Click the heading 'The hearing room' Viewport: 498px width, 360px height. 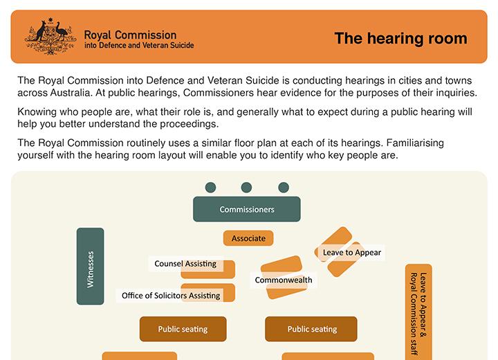[x=400, y=38]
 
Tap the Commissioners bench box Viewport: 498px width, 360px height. [x=246, y=209]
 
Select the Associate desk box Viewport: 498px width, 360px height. [x=248, y=238]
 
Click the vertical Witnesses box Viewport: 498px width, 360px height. [x=90, y=267]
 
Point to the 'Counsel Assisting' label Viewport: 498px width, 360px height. [x=185, y=264]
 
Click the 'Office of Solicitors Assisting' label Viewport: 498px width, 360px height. [x=170, y=296]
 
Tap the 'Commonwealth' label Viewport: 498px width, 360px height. [x=284, y=280]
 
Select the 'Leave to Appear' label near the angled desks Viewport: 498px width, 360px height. [x=351, y=253]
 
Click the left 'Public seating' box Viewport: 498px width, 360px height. [x=183, y=330]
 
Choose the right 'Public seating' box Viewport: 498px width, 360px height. [x=311, y=330]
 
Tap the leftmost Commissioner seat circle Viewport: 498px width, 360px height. [x=210, y=187]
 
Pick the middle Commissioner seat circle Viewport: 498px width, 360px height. [x=246, y=187]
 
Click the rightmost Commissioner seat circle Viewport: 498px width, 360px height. [x=283, y=187]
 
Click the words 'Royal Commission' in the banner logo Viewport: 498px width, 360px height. [x=130, y=34]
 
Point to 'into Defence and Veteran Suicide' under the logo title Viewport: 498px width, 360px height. [x=138, y=46]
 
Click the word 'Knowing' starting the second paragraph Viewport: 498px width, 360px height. [x=39, y=111]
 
